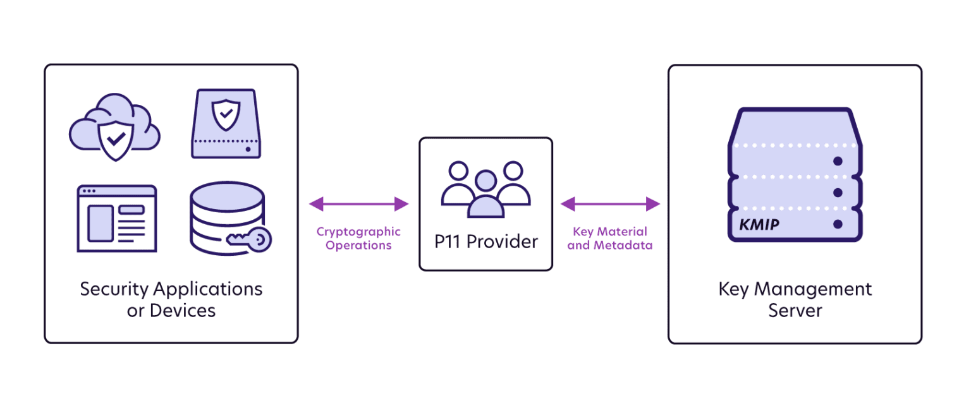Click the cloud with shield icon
114,127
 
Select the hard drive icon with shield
225,123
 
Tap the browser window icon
116,219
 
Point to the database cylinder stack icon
224,218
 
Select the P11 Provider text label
485,241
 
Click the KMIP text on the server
759,225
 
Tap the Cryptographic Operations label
358,238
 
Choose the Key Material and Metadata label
610,238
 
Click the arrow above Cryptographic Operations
359,203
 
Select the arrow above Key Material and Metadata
610,203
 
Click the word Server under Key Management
795,311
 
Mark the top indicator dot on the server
838,161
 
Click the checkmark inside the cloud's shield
114,137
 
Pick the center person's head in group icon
485,181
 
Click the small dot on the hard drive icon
248,150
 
